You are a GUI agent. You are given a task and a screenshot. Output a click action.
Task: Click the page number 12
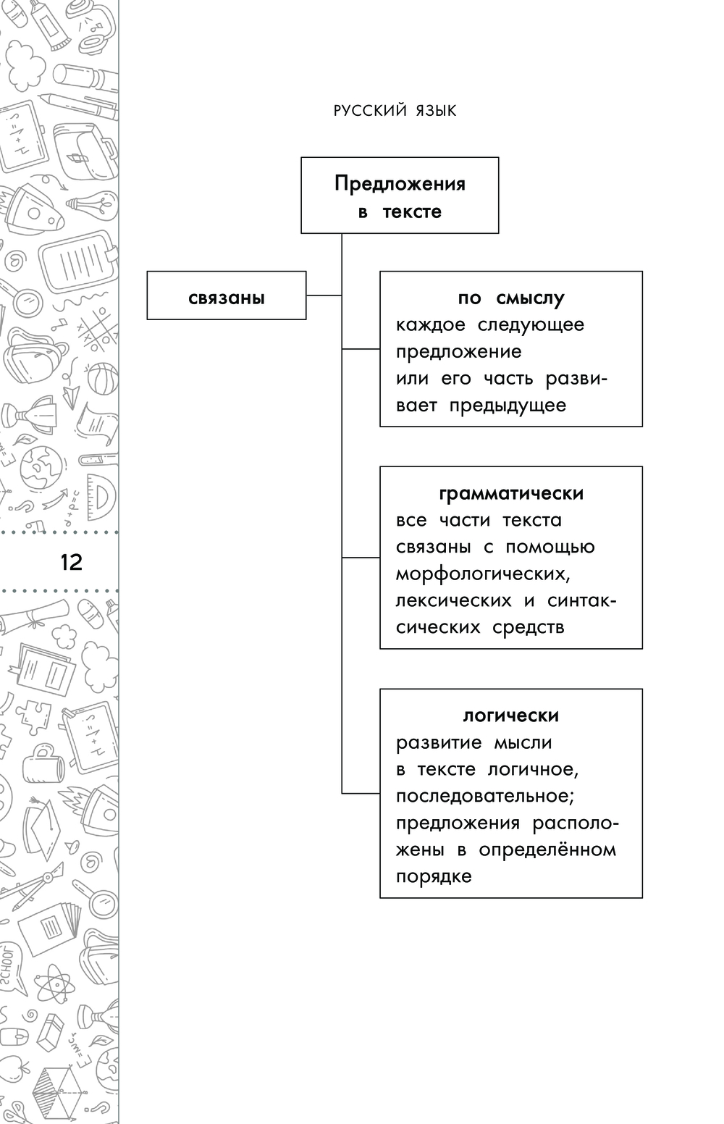(x=72, y=562)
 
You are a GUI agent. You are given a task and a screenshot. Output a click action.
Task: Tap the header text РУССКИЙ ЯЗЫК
(x=395, y=111)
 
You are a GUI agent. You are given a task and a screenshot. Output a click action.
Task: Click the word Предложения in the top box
(x=400, y=183)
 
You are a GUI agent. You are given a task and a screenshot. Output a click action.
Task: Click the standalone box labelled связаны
(x=226, y=295)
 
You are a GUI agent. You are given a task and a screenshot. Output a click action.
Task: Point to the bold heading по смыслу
(x=511, y=298)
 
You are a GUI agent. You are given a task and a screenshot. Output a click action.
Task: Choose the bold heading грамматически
(x=511, y=493)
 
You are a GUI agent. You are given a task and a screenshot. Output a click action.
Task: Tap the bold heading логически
(x=511, y=716)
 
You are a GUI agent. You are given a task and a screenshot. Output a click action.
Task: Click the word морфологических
(x=481, y=574)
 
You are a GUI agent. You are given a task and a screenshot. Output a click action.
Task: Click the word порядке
(x=434, y=876)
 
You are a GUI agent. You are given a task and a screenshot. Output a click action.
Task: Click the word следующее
(x=531, y=324)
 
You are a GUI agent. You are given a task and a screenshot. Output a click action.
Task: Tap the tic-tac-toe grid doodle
(x=92, y=330)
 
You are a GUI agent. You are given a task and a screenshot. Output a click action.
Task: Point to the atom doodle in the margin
(x=52, y=984)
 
